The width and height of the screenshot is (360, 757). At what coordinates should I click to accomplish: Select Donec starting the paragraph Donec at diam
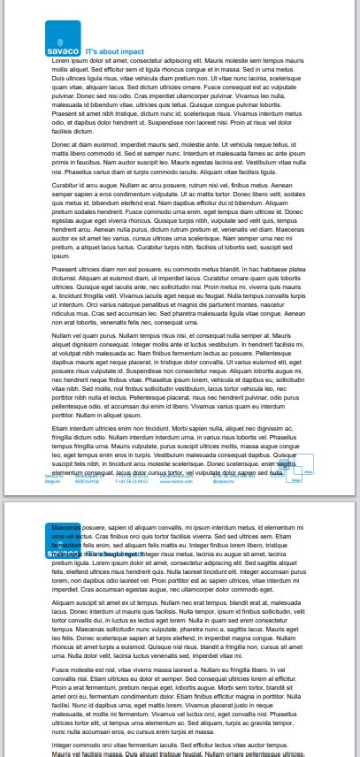click(62, 143)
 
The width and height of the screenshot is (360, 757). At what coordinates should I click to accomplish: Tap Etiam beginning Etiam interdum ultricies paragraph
click(62, 427)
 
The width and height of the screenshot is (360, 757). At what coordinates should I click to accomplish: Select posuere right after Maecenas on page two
click(93, 526)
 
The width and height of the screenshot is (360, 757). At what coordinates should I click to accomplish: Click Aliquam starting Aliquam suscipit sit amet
click(65, 602)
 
